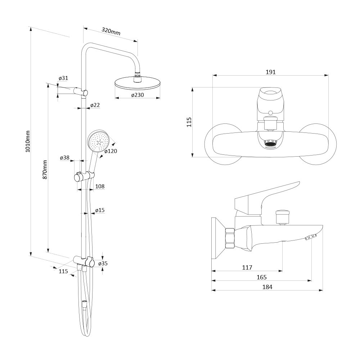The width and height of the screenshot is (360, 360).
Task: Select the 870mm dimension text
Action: [45, 170]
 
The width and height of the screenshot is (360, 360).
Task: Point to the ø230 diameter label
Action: [138, 95]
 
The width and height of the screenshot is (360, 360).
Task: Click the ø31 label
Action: [63, 78]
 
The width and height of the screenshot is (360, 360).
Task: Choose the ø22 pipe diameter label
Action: [95, 105]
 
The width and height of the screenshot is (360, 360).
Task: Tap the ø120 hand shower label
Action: [111, 151]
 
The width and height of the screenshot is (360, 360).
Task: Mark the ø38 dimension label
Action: [65, 158]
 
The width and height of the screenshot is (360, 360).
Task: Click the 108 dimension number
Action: [100, 186]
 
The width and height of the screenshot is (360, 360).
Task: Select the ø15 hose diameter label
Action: [100, 210]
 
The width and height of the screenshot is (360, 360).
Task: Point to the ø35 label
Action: [103, 263]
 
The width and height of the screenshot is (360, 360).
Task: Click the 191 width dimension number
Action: [270, 72]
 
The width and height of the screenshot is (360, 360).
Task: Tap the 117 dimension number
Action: [247, 267]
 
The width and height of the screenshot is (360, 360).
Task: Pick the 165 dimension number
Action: [261, 277]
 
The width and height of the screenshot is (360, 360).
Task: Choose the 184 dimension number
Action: [267, 287]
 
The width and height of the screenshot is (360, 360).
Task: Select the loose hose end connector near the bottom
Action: [84, 305]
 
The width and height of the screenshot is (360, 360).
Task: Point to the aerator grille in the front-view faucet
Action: [271, 144]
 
